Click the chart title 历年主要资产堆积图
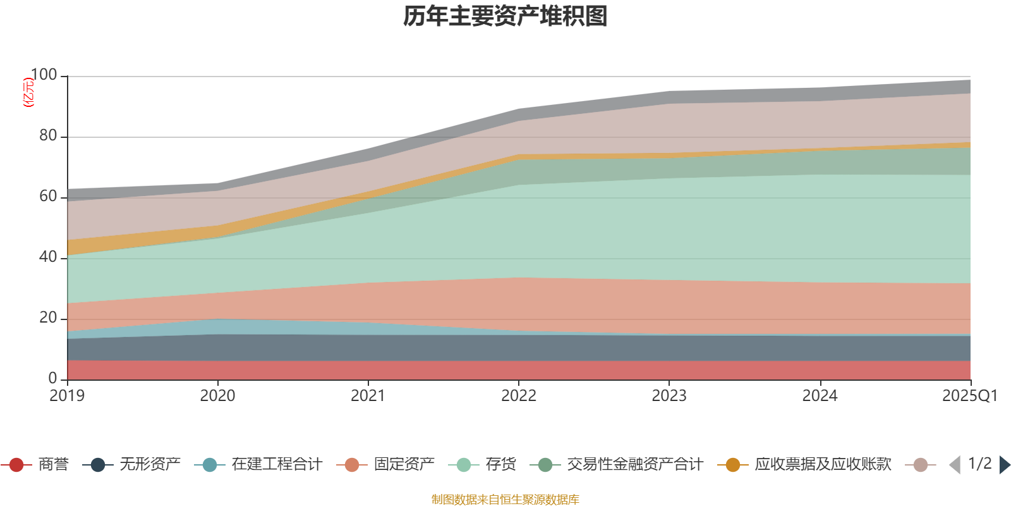point(505,16)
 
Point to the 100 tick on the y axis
point(44,75)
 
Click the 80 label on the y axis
point(48,136)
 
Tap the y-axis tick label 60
point(48,197)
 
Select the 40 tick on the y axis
point(48,257)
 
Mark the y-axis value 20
point(48,318)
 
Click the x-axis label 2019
point(67,396)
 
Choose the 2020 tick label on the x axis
point(217,396)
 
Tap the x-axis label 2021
point(368,396)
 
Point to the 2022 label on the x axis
point(518,396)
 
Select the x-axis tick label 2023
point(669,396)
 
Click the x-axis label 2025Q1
point(969,396)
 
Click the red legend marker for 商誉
point(16,465)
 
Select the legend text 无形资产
point(150,465)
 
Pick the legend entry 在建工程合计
point(277,465)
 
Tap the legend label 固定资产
point(404,465)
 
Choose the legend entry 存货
point(500,465)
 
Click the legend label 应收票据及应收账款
point(823,465)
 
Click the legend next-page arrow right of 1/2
point(1004,465)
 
